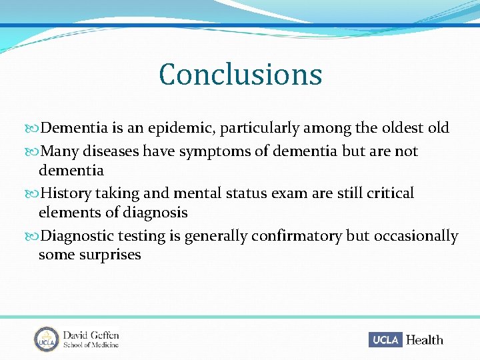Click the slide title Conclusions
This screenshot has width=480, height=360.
point(240,74)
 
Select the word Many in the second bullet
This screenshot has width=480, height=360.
point(57,151)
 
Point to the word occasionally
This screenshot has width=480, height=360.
point(416,236)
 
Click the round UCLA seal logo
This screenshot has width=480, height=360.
point(46,339)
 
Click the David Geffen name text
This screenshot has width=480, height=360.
point(91,335)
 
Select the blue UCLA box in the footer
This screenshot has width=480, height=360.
point(385,339)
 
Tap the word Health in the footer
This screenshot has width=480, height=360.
point(424,340)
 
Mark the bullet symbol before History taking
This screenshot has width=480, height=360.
point(34,194)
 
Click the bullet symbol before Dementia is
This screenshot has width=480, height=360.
point(34,128)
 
